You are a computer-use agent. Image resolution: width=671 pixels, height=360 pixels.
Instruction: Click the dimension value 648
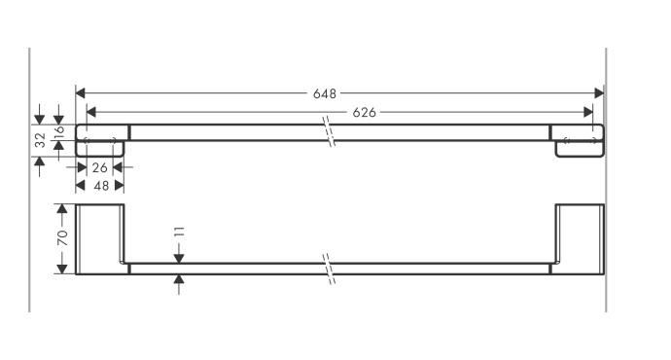[325, 93]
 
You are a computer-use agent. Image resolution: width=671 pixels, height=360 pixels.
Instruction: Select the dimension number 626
[364, 113]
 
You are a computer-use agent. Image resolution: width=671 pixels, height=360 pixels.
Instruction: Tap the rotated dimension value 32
[40, 140]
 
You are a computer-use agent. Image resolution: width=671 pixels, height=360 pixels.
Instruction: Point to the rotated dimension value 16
[59, 131]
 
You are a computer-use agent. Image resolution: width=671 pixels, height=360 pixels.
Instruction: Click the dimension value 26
[100, 167]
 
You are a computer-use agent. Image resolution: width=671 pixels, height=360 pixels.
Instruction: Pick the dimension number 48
[101, 186]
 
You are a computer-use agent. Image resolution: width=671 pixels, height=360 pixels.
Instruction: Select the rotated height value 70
[63, 237]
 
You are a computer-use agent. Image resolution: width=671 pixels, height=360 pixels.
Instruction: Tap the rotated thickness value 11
[180, 232]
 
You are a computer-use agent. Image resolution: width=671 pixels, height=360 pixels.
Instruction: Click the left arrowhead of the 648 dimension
[81, 92]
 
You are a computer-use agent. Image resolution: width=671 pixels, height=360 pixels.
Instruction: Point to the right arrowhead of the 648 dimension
[599, 92]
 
